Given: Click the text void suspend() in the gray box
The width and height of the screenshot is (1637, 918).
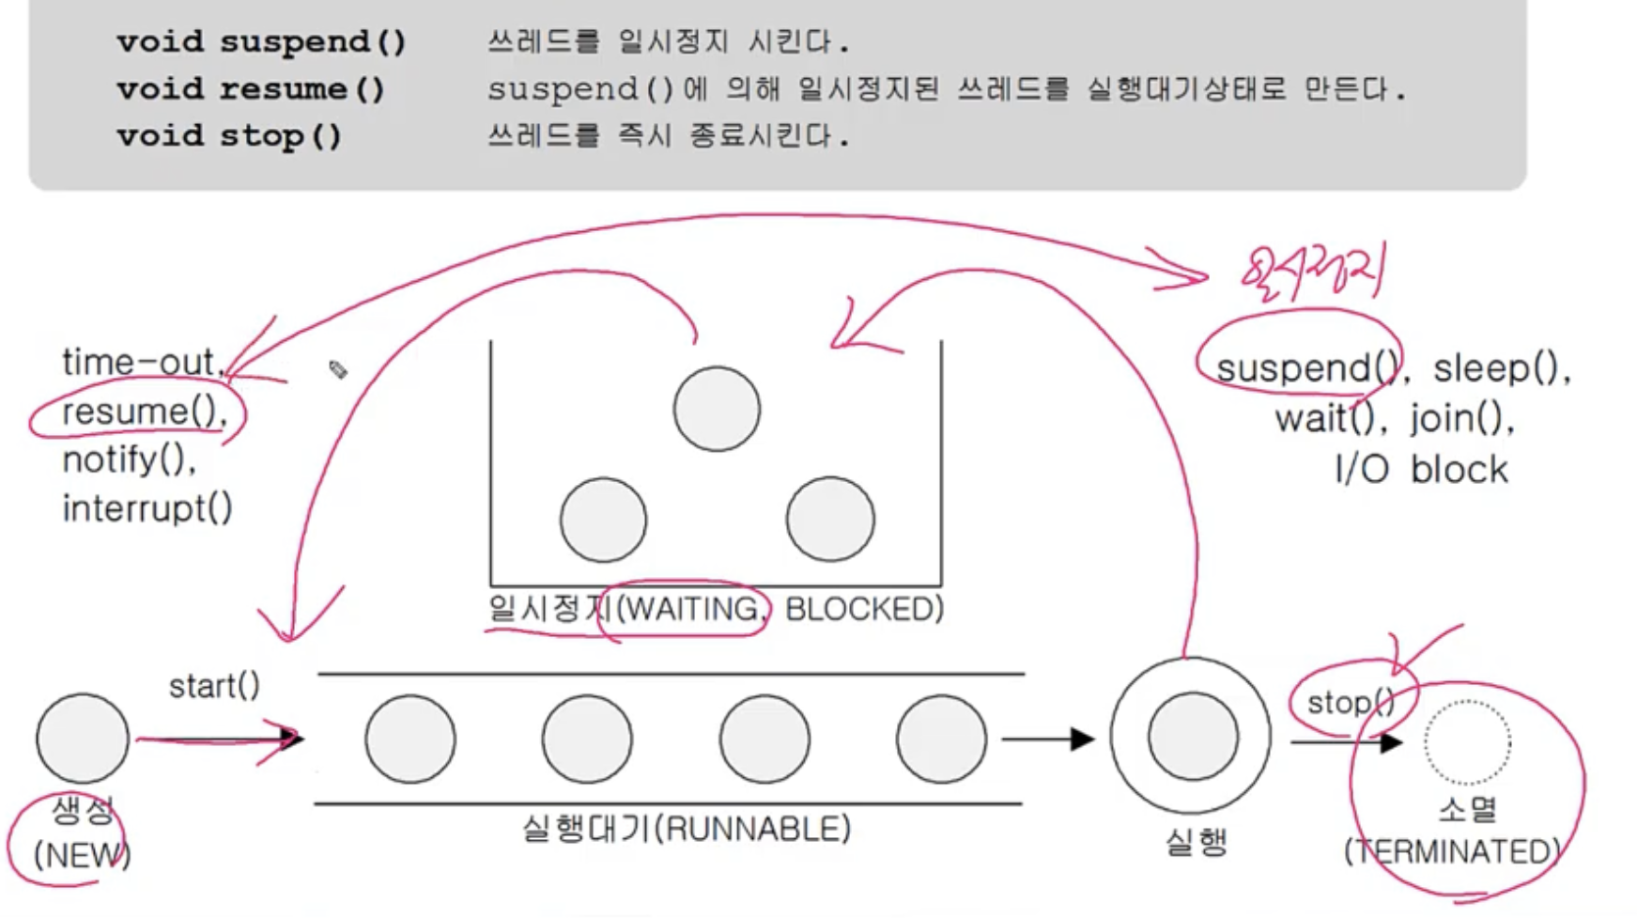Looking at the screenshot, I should click(x=261, y=42).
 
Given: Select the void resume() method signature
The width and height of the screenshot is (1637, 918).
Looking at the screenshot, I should click(x=251, y=89).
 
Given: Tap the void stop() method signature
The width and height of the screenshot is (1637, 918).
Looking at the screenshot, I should click(x=229, y=136).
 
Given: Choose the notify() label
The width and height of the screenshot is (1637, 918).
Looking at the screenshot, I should click(x=129, y=459).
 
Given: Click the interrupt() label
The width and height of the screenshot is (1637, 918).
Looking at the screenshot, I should click(x=147, y=508).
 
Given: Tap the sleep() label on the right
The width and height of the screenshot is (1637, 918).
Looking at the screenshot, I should click(x=1501, y=367).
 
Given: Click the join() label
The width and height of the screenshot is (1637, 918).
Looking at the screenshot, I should click(x=1461, y=418).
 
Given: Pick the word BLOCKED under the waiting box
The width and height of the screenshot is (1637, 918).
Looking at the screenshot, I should click(x=864, y=610).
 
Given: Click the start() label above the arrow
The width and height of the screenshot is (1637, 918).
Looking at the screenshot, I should click(x=214, y=686).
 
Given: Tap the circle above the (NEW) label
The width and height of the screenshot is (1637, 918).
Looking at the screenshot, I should click(x=83, y=739).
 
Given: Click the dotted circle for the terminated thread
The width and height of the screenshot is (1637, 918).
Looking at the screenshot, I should click(x=1467, y=742).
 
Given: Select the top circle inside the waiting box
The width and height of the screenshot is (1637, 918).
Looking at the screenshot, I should click(x=717, y=409).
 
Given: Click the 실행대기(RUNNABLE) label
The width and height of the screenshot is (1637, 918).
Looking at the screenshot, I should click(x=686, y=830).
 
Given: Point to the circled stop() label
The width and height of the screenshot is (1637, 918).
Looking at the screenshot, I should click(x=1351, y=703).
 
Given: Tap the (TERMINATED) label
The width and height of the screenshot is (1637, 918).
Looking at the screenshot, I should click(x=1452, y=851).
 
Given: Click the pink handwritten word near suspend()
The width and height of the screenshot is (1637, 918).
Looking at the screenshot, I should click(x=1312, y=272).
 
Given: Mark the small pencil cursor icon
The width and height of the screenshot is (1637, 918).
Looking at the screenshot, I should click(x=338, y=369).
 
